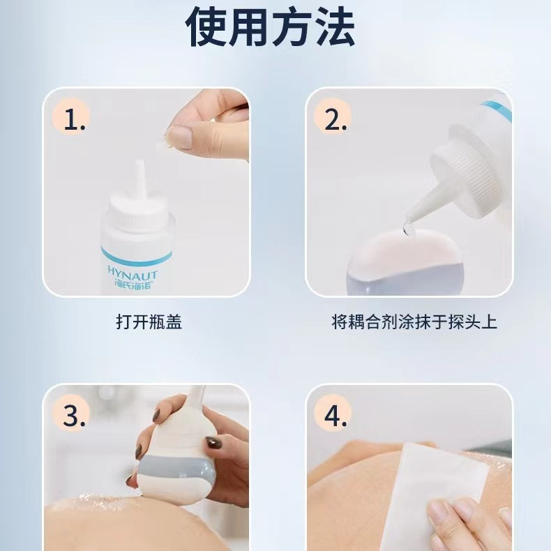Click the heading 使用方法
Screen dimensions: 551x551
pyautogui.click(x=270, y=27)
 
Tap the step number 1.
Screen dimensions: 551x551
pyautogui.click(x=75, y=119)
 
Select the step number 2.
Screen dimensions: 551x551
pyautogui.click(x=335, y=119)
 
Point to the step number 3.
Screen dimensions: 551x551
pyautogui.click(x=74, y=416)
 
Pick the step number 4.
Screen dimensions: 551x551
pyautogui.click(x=335, y=416)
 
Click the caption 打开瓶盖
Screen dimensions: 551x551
pyautogui.click(x=149, y=322)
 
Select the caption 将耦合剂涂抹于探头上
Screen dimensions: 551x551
pyautogui.click(x=414, y=322)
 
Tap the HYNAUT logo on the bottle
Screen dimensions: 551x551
pyautogui.click(x=132, y=273)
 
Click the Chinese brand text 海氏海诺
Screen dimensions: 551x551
pyautogui.click(x=133, y=285)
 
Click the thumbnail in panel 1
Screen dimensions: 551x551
pyautogui.click(x=180, y=137)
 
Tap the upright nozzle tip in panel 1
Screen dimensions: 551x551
pyautogui.click(x=140, y=164)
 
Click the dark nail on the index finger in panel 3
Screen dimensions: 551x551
pyautogui.click(x=213, y=442)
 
